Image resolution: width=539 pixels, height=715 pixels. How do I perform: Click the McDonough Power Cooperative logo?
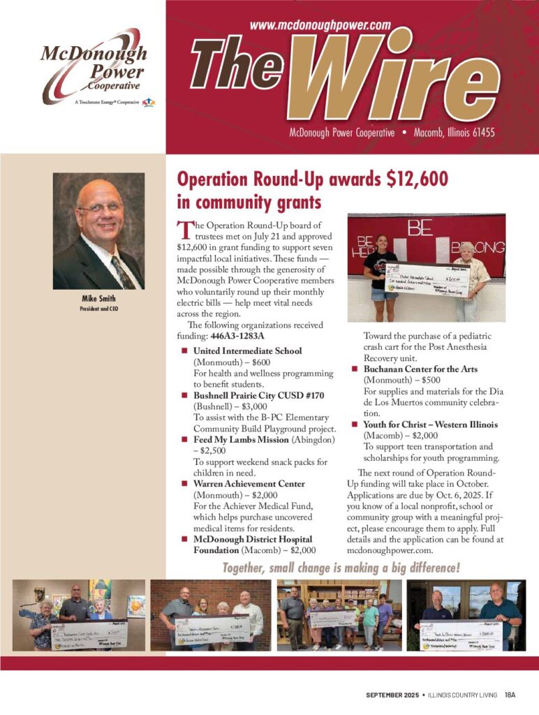click(x=94, y=66)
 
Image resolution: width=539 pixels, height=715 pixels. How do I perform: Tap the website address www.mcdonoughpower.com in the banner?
click(x=319, y=25)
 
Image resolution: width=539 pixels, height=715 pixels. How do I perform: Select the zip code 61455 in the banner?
click(x=480, y=132)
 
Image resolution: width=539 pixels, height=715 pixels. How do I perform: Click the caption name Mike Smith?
click(x=98, y=299)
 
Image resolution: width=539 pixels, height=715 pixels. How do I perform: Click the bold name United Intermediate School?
click(x=247, y=351)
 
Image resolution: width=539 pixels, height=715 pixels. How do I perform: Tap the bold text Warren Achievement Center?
click(x=249, y=484)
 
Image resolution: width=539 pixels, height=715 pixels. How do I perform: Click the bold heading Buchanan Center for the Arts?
click(x=420, y=369)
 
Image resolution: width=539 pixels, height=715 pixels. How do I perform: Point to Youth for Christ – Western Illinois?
click(x=430, y=425)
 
